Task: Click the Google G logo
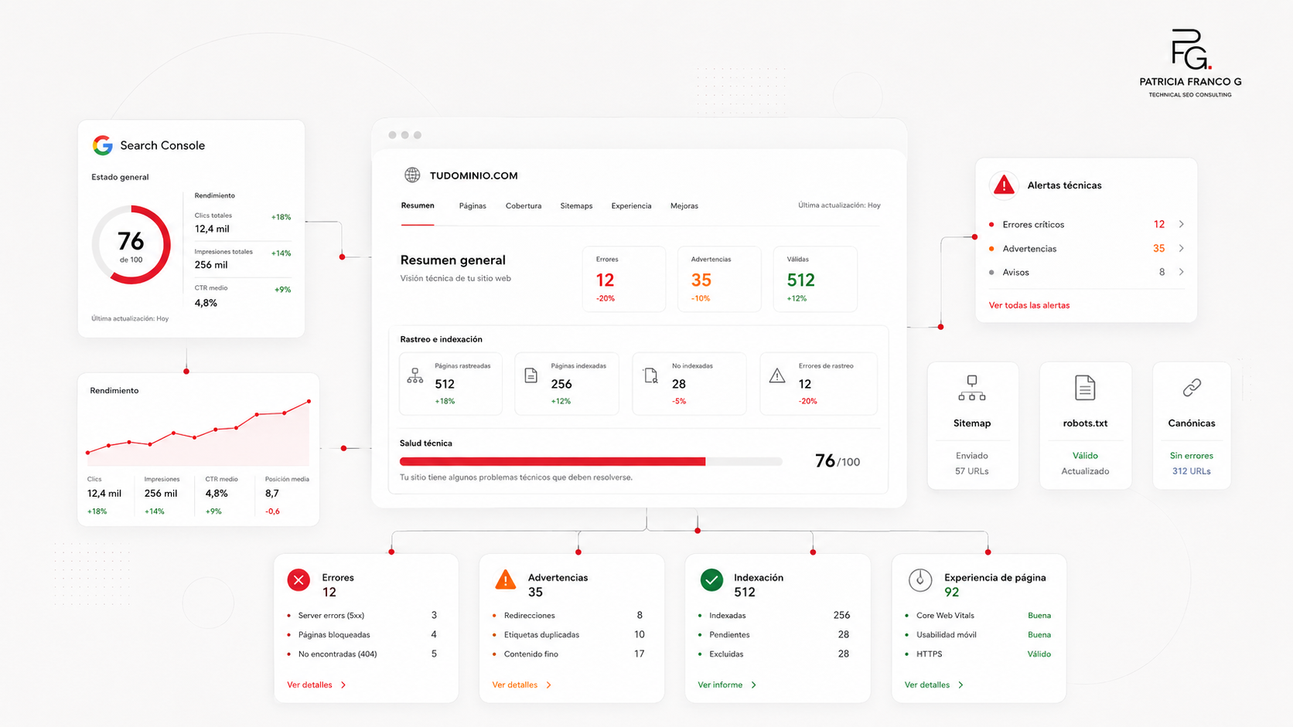coord(103,145)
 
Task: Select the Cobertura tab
coord(524,206)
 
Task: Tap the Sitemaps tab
coord(576,206)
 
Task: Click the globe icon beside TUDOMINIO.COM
coord(412,175)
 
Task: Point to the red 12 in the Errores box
coord(605,280)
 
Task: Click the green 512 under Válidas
coord(800,280)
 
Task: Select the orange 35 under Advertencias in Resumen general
coord(701,280)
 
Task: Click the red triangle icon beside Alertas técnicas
coord(1004,185)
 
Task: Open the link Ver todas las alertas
coord(1029,305)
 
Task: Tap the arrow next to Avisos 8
coord(1182,271)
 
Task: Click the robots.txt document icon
coord(1085,387)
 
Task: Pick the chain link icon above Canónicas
coord(1192,387)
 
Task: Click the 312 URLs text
coord(1192,471)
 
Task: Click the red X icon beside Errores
coord(299,580)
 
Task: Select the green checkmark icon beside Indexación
coord(711,580)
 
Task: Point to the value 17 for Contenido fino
coord(639,654)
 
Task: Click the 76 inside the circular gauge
coord(131,241)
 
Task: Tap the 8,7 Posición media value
coord(272,494)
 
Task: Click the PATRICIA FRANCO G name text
coord(1190,82)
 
